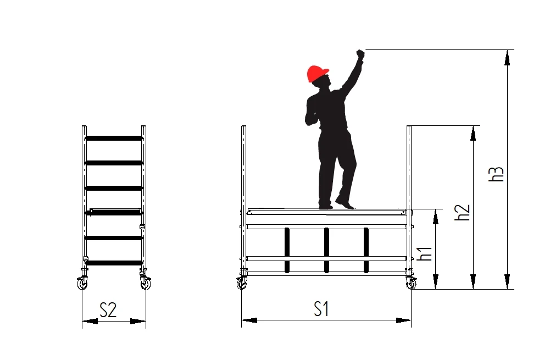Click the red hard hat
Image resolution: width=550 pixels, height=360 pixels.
pyautogui.click(x=318, y=73)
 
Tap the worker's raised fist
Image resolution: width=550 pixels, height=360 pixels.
pyautogui.click(x=360, y=55)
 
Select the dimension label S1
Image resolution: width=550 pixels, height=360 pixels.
pyautogui.click(x=321, y=309)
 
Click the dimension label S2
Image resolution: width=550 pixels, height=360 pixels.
pyautogui.click(x=108, y=310)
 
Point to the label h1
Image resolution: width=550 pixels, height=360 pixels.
pyautogui.click(x=425, y=253)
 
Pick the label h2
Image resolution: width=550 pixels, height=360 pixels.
pyautogui.click(x=462, y=212)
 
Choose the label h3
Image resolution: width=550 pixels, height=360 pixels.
pyautogui.click(x=496, y=174)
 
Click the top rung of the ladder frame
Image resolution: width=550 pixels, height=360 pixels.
pyautogui.click(x=114, y=138)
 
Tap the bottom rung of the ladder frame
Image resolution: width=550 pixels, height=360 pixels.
pyautogui.click(x=114, y=263)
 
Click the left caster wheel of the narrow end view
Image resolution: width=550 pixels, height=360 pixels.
pyautogui.click(x=82, y=283)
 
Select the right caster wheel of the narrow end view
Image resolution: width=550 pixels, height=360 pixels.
pyautogui.click(x=145, y=283)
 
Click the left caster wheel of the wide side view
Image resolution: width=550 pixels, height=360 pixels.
pyautogui.click(x=242, y=283)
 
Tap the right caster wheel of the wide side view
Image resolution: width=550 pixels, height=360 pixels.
pyautogui.click(x=411, y=283)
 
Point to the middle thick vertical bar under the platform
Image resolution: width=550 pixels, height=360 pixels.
pyautogui.click(x=326, y=250)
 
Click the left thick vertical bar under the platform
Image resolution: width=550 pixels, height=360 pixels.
pyautogui.click(x=287, y=250)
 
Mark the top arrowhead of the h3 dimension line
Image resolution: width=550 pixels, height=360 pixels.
pyautogui.click(x=507, y=58)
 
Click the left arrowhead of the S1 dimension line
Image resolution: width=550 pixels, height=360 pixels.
pyautogui.click(x=249, y=320)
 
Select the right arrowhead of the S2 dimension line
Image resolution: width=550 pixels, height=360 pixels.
pyautogui.click(x=138, y=321)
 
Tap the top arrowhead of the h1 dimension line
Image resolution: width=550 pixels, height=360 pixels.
pyautogui.click(x=436, y=217)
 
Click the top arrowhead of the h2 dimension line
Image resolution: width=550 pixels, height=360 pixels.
pyautogui.click(x=473, y=134)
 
